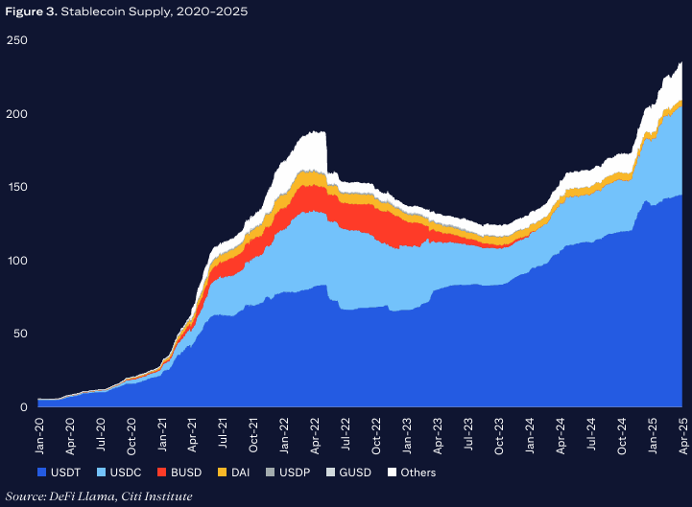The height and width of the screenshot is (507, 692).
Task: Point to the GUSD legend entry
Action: pos(345,472)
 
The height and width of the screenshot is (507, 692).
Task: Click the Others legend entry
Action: pos(411,472)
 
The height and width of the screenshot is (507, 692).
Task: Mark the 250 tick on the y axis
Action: pos(16,40)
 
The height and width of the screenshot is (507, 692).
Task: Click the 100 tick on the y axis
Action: pos(16,261)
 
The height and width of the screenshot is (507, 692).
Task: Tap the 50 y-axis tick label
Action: pos(19,334)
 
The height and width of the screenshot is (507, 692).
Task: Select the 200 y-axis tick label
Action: pos(16,114)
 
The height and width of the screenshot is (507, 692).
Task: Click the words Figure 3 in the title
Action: pos(29,12)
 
